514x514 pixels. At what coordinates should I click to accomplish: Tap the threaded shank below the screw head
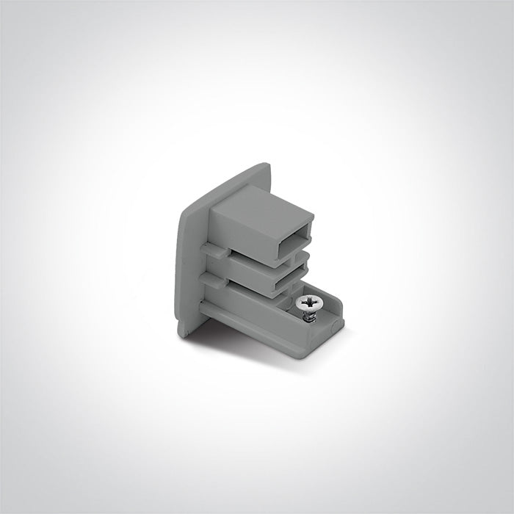click(311, 314)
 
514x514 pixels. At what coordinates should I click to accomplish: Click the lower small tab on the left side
click(211, 278)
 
